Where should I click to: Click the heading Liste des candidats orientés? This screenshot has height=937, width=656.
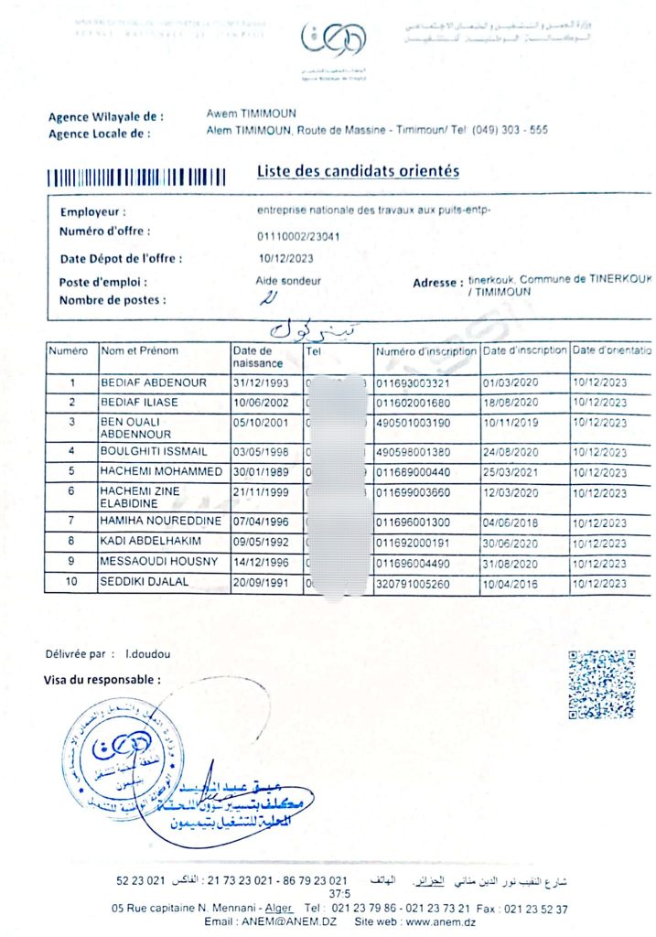358,171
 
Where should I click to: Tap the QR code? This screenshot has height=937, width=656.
601,684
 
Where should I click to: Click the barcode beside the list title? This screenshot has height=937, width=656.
136,177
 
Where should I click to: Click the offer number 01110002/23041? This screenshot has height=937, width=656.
298,236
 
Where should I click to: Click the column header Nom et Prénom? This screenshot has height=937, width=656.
140,351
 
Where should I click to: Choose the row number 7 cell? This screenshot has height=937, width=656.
71,522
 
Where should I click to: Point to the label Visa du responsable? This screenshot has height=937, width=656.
102,680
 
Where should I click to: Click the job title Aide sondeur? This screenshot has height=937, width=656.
288,281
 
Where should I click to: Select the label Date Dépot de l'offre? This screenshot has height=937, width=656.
121,259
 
